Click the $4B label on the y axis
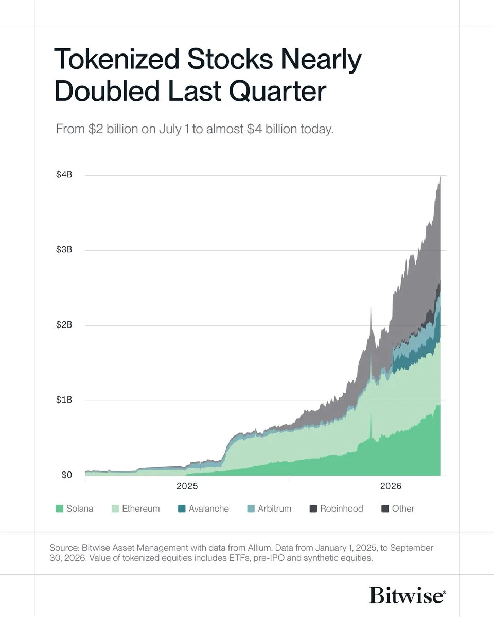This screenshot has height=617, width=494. pyautogui.click(x=64, y=175)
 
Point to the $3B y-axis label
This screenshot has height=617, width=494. pyautogui.click(x=64, y=250)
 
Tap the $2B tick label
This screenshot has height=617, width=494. pyautogui.click(x=64, y=325)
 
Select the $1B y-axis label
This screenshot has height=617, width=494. pyautogui.click(x=64, y=400)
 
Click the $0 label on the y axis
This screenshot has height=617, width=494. pyautogui.click(x=66, y=475)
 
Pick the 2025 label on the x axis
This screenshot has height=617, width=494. pyautogui.click(x=187, y=486)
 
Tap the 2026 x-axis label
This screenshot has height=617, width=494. pyautogui.click(x=391, y=486)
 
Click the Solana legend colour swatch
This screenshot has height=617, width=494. pyautogui.click(x=59, y=509)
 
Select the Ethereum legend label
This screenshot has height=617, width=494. pyautogui.click(x=140, y=509)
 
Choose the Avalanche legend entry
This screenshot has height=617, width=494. pyautogui.click(x=203, y=509)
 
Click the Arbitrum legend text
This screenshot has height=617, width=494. pyautogui.click(x=274, y=509)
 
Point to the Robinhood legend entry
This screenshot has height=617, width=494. pyautogui.click(x=337, y=509)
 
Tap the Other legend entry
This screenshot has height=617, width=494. pyautogui.click(x=398, y=509)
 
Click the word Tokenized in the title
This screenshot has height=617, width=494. pyautogui.click(x=117, y=59)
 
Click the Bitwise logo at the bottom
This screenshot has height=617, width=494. pyautogui.click(x=408, y=595)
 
